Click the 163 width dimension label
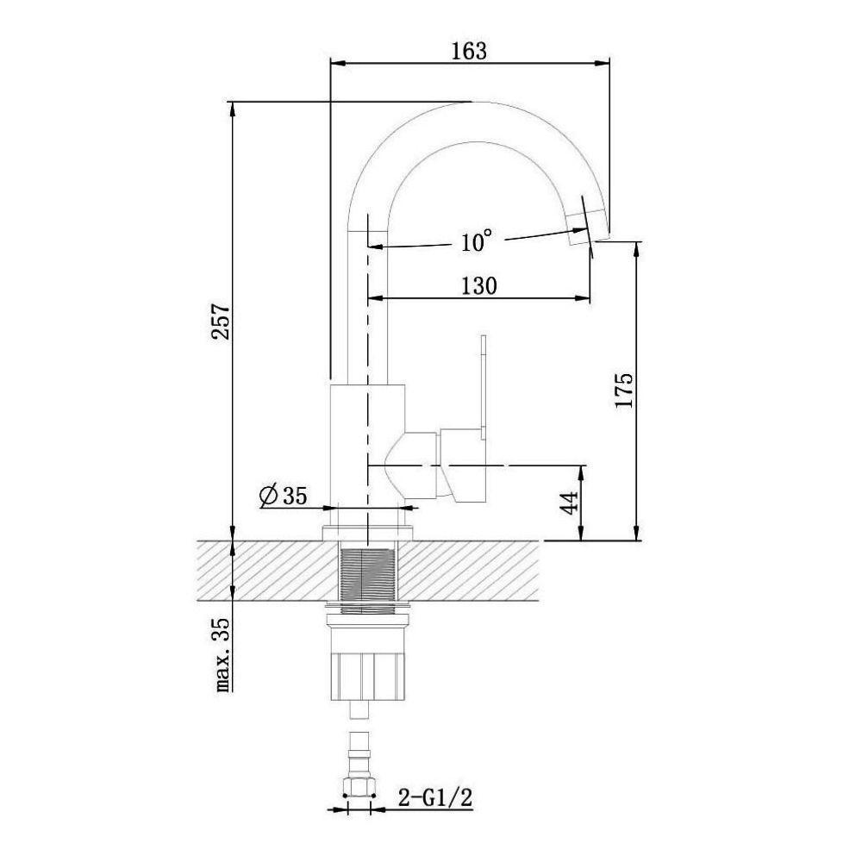[469, 51]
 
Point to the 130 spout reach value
[478, 286]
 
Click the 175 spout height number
[624, 390]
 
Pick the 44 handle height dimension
[570, 503]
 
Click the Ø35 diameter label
[283, 496]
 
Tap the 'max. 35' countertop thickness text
[222, 655]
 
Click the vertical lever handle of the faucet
[484, 387]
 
